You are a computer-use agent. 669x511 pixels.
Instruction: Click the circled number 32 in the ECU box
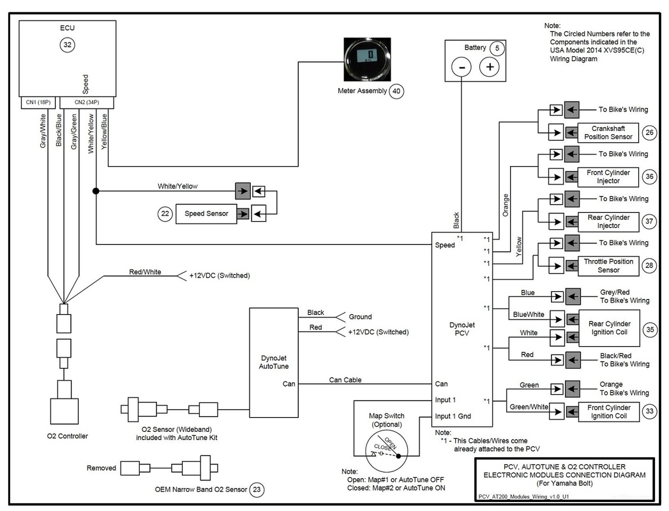click(x=67, y=44)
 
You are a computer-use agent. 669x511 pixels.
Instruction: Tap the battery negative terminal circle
click(x=462, y=67)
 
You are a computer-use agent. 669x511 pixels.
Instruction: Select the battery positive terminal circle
click(x=490, y=67)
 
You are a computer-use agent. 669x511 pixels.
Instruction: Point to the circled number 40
click(x=397, y=91)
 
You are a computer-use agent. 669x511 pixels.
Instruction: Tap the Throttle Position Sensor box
click(x=608, y=266)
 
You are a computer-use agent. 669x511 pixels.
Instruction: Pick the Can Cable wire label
click(x=345, y=380)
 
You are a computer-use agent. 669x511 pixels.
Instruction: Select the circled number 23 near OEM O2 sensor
click(x=257, y=490)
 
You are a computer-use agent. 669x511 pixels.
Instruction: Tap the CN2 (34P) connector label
click(x=87, y=102)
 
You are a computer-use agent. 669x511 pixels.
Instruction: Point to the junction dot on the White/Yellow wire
click(x=96, y=191)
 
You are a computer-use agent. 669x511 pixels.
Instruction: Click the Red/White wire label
click(x=145, y=271)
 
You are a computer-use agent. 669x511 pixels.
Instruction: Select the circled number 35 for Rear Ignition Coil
click(x=649, y=329)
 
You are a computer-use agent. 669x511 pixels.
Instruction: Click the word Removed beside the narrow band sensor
click(x=101, y=468)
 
